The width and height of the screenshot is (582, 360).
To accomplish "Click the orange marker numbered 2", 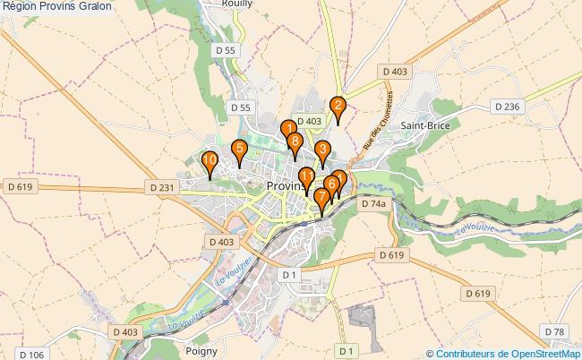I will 338,107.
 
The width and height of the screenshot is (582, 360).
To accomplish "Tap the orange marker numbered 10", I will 210,163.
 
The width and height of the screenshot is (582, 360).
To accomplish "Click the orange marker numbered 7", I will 321,198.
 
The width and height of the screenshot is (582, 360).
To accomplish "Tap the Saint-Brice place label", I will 424,126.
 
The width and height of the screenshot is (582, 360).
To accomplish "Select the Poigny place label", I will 201,351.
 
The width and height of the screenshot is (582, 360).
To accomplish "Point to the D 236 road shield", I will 507,107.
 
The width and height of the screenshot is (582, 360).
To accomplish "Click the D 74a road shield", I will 373,204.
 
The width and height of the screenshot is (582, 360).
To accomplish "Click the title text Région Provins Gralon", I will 57,6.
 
